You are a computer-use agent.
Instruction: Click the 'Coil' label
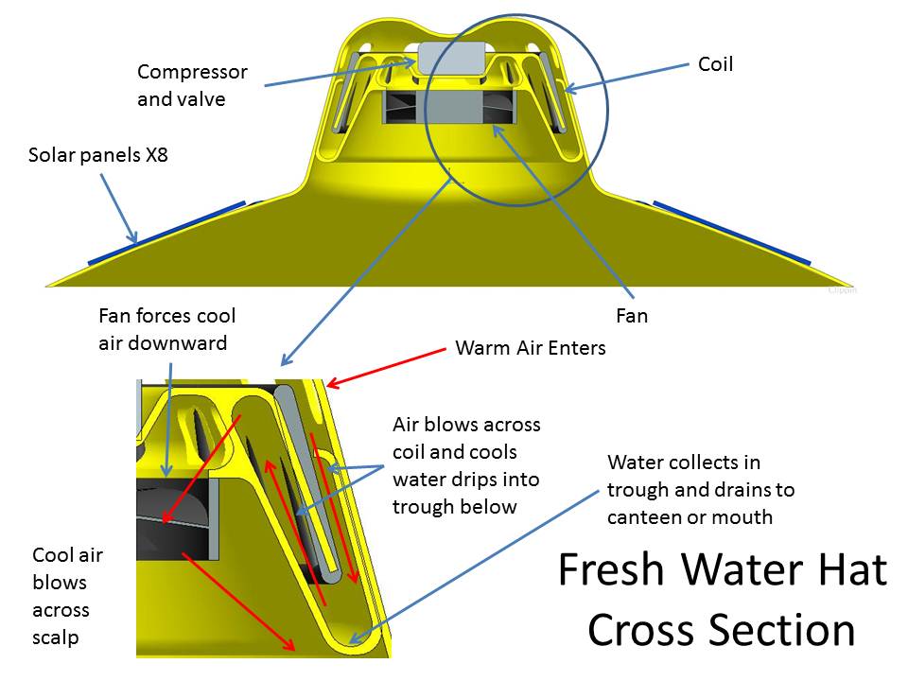[715, 64]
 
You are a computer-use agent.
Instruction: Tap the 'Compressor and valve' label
[192, 84]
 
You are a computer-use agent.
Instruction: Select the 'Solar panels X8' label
[97, 154]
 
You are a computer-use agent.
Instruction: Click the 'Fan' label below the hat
[632, 315]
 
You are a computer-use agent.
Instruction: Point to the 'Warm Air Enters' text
[530, 347]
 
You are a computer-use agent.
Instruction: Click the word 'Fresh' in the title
[611, 570]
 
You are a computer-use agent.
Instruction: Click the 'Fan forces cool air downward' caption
[166, 328]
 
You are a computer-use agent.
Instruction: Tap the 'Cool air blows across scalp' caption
[67, 596]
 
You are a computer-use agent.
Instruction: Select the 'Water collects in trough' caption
[701, 490]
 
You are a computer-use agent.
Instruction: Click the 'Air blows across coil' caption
[466, 465]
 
